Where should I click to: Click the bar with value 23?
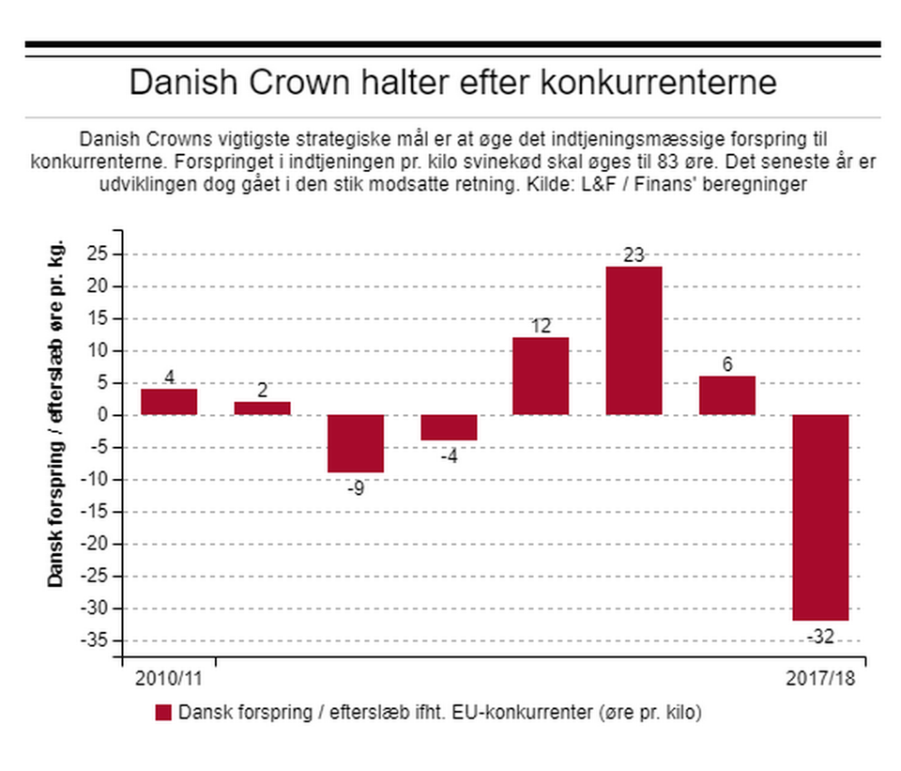point(634,340)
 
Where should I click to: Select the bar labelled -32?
point(820,517)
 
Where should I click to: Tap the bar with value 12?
point(541,376)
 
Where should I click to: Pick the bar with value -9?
point(356,443)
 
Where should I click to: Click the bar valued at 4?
point(169,402)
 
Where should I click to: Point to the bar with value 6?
point(727,395)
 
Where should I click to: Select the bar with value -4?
point(449,427)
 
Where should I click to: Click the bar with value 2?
point(262,409)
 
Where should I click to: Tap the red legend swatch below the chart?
point(163,713)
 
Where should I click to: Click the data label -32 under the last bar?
point(819,638)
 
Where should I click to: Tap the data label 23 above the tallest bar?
point(634,254)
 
